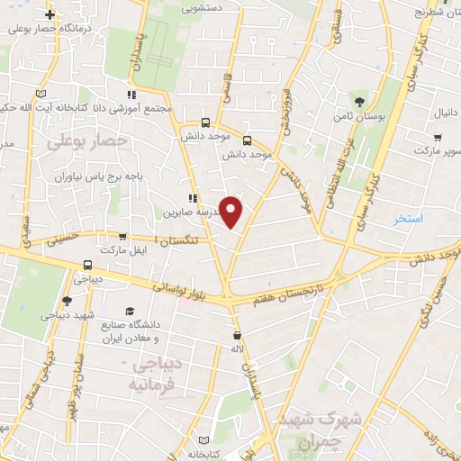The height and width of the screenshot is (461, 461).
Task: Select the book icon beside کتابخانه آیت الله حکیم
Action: coord(39,94)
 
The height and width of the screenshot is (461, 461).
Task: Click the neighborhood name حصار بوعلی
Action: coord(87,140)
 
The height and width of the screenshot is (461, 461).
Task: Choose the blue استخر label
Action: coord(410,219)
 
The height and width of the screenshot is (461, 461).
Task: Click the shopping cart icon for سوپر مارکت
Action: coord(437,138)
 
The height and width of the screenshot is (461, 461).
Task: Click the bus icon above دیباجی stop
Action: coord(88,265)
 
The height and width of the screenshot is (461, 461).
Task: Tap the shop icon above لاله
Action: coord(237,336)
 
